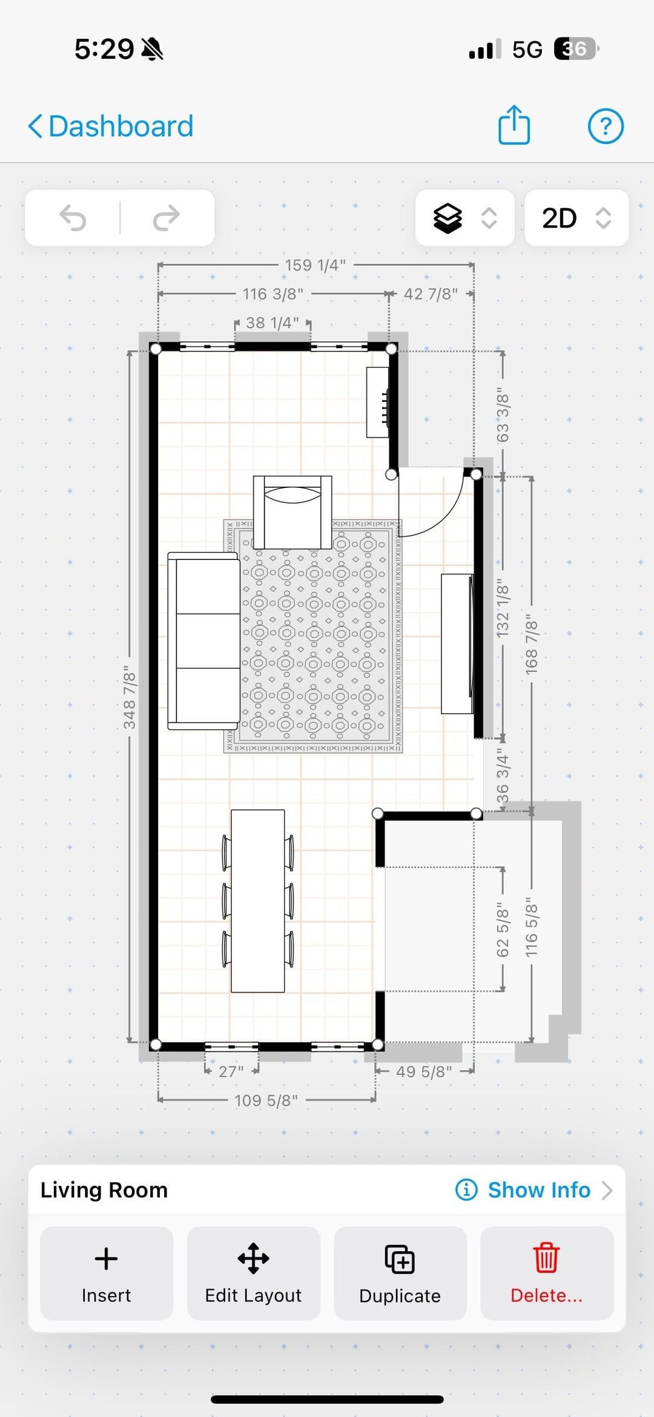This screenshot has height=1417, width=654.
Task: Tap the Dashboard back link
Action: (111, 127)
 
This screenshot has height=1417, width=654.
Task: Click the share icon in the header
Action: (514, 125)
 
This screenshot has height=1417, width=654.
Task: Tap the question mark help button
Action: (606, 127)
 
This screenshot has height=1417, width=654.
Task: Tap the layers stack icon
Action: (448, 218)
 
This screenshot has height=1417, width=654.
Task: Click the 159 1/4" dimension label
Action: (315, 265)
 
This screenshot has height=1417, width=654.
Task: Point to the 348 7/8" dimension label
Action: (130, 697)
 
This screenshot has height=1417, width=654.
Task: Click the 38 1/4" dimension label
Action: (272, 323)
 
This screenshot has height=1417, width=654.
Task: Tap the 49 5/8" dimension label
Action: (424, 1071)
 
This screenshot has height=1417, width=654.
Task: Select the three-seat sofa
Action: (203, 641)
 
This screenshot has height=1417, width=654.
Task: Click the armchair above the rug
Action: (292, 512)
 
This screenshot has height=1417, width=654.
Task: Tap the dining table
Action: (258, 901)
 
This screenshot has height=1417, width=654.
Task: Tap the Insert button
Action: (107, 1273)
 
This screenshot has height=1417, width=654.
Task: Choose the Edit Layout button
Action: (253, 1273)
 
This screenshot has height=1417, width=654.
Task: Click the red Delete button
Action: (547, 1273)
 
